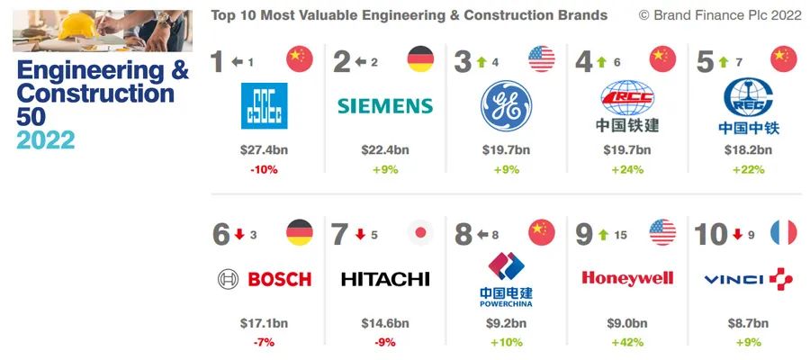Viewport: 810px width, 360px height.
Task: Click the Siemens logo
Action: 384,105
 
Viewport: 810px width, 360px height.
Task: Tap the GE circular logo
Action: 505,105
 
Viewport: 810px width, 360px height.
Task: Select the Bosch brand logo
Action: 265,279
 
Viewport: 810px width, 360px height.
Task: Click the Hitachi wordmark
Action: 385,279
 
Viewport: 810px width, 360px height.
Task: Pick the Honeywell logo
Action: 626,278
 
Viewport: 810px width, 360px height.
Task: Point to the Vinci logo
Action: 748,279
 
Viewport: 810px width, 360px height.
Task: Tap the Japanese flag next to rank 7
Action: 419,233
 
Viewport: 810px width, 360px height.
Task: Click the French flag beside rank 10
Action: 783,233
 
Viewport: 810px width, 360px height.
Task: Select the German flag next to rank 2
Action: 420,60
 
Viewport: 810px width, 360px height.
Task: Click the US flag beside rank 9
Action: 662,233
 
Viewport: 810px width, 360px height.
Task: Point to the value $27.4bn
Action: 264,148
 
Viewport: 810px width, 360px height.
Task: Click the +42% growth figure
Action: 626,342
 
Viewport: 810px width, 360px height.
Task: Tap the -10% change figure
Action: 264,168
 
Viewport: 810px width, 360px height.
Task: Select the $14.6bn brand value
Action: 385,322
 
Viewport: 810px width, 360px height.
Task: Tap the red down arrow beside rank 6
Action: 239,235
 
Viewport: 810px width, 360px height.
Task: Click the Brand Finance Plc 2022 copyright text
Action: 719,15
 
